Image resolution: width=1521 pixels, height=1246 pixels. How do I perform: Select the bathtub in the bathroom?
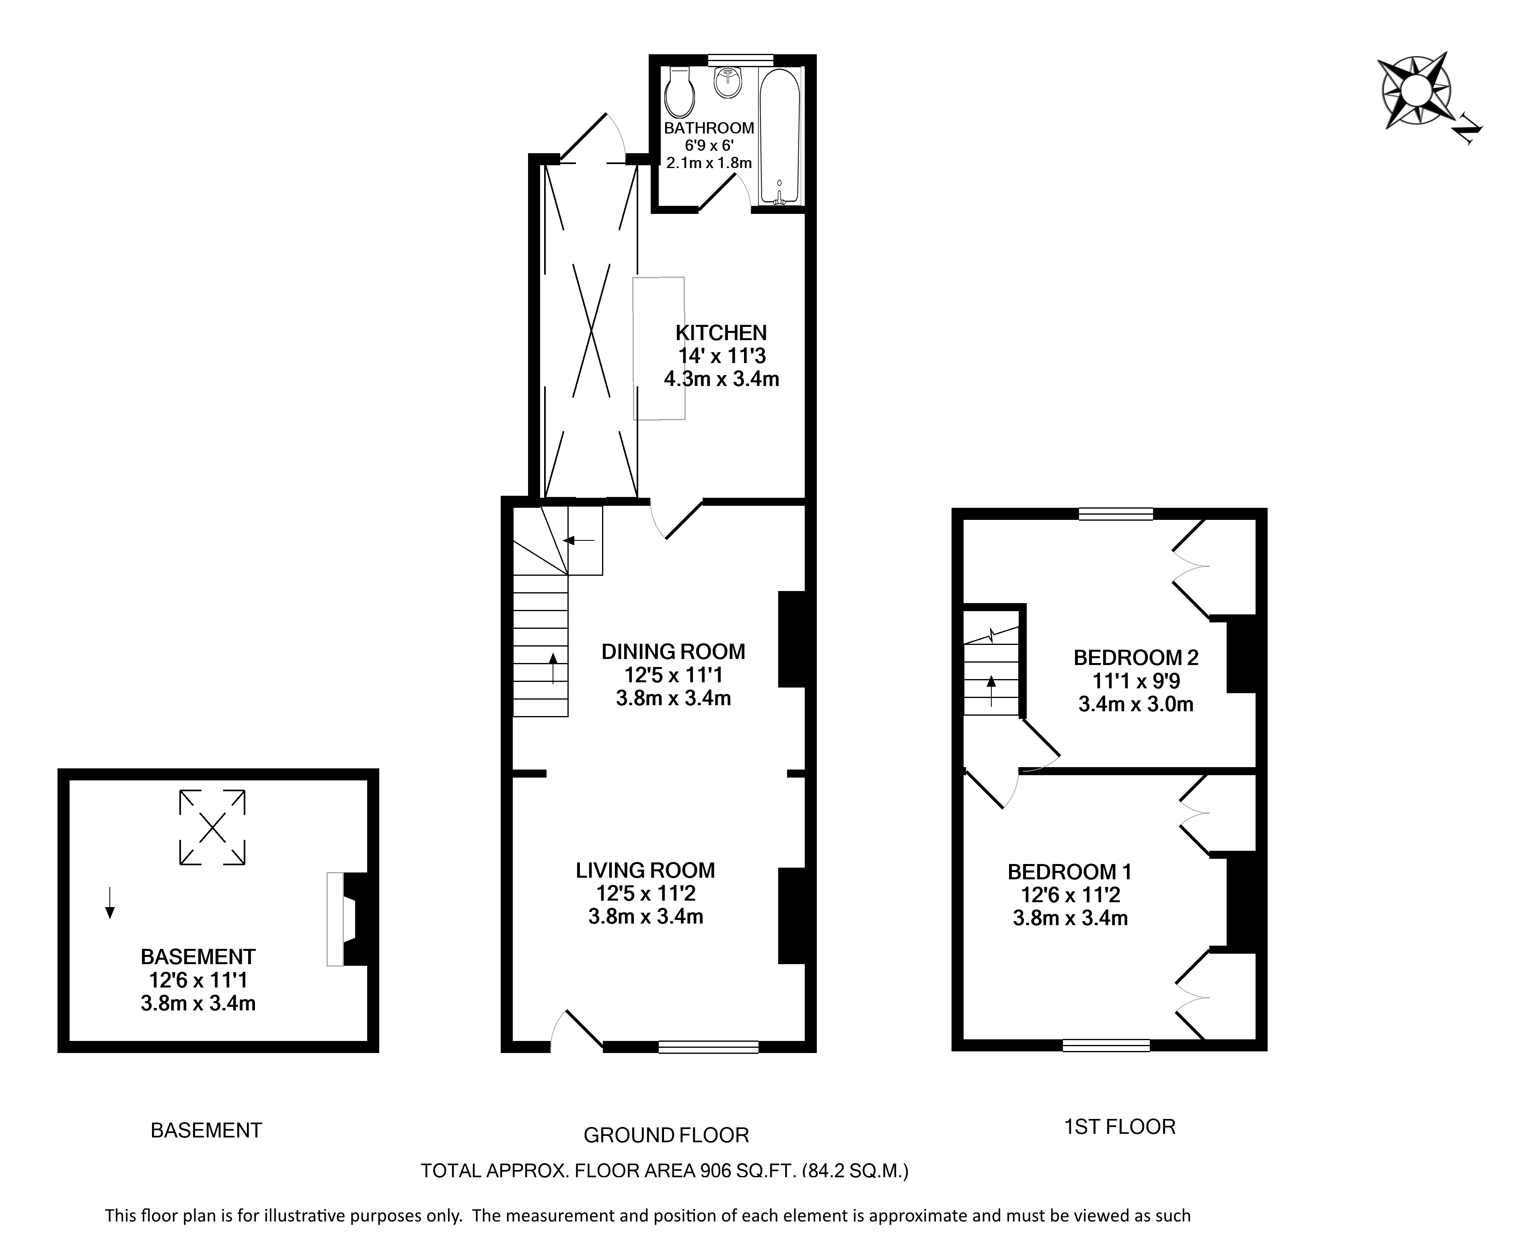[779, 136]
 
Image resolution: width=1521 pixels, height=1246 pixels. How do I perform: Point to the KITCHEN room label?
[721, 333]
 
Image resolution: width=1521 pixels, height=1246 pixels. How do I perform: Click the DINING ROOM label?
[673, 652]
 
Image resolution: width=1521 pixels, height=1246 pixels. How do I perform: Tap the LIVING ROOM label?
[645, 870]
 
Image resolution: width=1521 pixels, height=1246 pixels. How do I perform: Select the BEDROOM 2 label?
[1136, 657]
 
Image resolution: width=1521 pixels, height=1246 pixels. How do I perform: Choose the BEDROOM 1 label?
[1069, 872]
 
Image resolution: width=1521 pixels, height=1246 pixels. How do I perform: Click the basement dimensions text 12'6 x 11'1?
[198, 980]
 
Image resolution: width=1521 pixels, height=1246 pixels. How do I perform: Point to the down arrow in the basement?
[109, 903]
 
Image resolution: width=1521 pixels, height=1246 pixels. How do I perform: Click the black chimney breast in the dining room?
[792, 639]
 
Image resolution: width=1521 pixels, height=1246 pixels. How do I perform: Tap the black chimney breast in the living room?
[792, 916]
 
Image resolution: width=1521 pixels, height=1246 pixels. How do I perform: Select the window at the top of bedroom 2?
[1116, 514]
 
